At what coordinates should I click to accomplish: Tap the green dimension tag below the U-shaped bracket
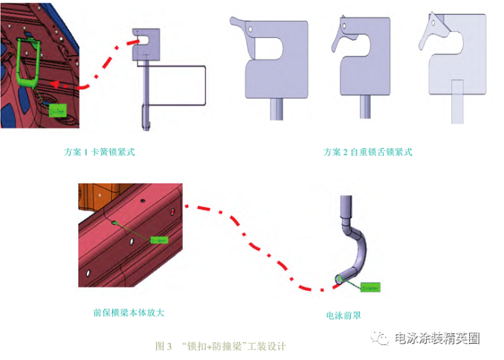56,111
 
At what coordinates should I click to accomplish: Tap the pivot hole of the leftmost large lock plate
251,29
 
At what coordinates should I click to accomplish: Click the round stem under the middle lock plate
365,107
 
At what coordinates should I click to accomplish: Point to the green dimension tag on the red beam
159,240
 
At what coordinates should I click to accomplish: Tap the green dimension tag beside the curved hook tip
371,286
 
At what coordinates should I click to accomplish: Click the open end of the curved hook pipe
340,278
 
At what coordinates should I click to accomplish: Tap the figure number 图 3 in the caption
164,346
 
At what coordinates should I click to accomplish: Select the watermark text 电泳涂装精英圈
438,338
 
